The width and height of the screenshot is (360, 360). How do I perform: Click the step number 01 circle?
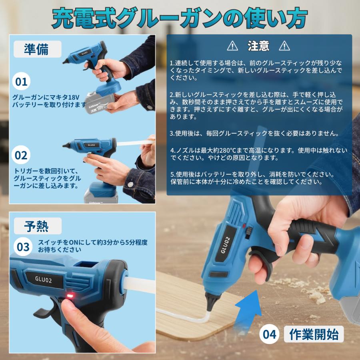[21, 82]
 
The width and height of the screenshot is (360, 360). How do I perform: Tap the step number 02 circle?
[21, 155]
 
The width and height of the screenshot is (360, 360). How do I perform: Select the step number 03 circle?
[23, 247]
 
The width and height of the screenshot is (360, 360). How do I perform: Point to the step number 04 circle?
[270, 334]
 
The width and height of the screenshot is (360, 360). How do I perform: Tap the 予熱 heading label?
[37, 226]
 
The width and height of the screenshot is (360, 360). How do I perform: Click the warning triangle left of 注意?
[232, 46]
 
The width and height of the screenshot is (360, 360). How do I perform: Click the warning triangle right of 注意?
[284, 46]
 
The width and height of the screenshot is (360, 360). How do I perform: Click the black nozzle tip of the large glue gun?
[210, 300]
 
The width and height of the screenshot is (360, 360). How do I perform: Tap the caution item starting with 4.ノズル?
[258, 154]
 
